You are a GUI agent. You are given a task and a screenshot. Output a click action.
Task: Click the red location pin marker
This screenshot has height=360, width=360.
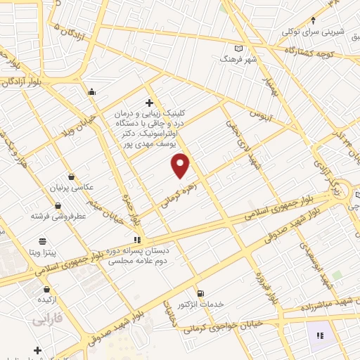click(x=181, y=165)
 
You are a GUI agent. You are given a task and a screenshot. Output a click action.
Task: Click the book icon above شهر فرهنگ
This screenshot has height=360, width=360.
click(x=239, y=48)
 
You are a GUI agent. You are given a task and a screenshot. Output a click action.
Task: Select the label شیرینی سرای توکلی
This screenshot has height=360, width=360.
click(x=313, y=32)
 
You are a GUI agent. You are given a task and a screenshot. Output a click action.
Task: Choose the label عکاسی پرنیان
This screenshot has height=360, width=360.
click(x=89, y=188)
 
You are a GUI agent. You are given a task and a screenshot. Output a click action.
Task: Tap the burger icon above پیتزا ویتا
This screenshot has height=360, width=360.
click(x=43, y=240)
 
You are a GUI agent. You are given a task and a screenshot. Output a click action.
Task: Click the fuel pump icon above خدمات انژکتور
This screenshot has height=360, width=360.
click(x=201, y=292)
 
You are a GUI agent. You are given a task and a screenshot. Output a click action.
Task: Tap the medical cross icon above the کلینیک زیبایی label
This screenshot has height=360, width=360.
click(x=148, y=103)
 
